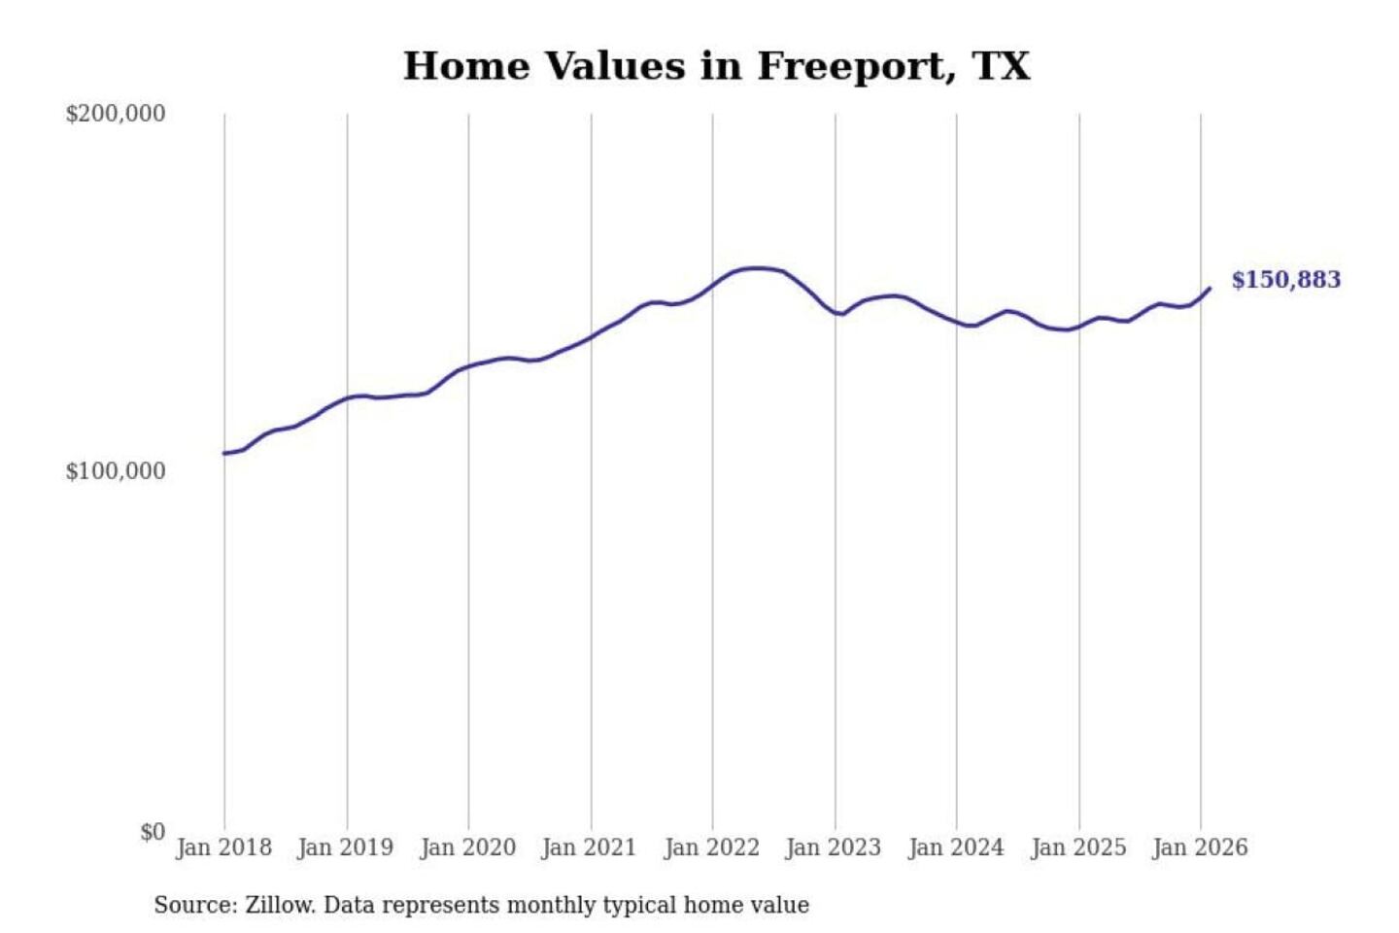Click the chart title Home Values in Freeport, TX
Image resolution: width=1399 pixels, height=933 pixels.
(716, 66)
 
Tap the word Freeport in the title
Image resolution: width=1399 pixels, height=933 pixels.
(852, 66)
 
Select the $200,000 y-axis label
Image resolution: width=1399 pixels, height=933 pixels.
(116, 114)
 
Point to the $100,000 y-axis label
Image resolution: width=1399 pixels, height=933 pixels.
(116, 471)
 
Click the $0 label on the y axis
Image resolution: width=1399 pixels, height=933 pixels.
(152, 832)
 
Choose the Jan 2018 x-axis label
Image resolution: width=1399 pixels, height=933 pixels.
(223, 847)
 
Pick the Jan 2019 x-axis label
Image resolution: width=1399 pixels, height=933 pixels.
(346, 847)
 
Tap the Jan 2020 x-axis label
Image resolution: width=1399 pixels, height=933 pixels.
(467, 847)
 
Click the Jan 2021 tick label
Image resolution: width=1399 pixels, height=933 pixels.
(589, 847)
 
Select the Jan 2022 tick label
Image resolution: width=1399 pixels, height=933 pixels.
(711, 847)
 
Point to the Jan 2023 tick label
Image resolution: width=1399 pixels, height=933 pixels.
(833, 847)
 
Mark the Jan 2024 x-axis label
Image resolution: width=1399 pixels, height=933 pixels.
(956, 847)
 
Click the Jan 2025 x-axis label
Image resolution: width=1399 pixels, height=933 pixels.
(1078, 847)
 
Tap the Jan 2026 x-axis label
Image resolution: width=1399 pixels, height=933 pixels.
(1200, 847)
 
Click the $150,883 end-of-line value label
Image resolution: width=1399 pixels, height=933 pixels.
(1285, 280)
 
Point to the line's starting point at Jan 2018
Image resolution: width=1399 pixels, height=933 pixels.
(224, 454)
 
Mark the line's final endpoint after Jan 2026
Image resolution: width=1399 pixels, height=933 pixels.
(1210, 288)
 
